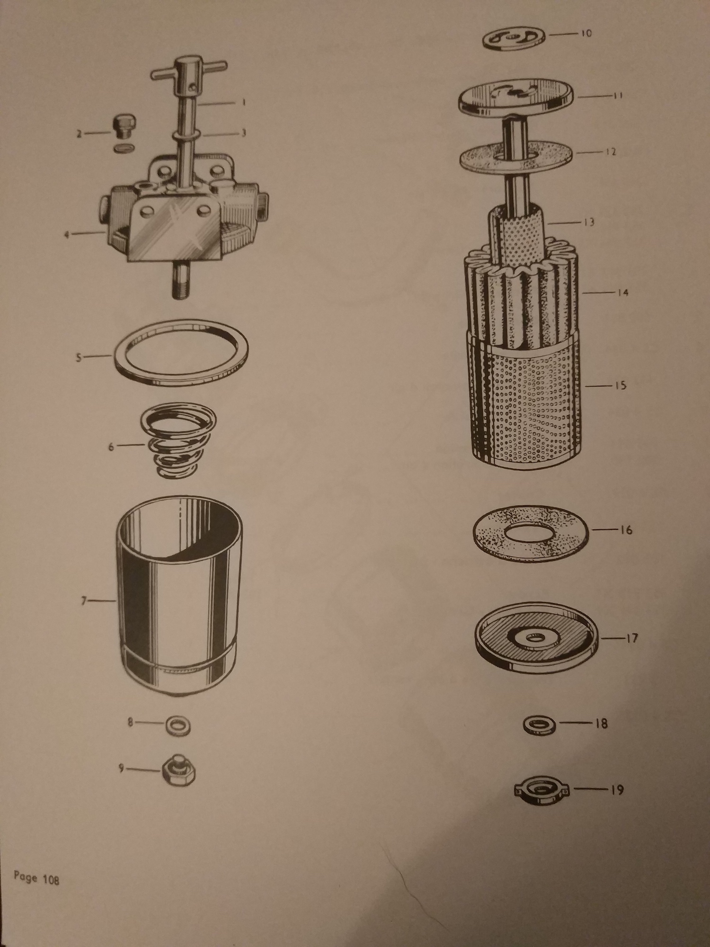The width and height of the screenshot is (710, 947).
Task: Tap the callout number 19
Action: pyautogui.click(x=616, y=790)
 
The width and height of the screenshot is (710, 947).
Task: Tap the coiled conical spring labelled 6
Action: pyautogui.click(x=178, y=444)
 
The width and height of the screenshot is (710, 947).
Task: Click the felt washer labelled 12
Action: pyautogui.click(x=518, y=157)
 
